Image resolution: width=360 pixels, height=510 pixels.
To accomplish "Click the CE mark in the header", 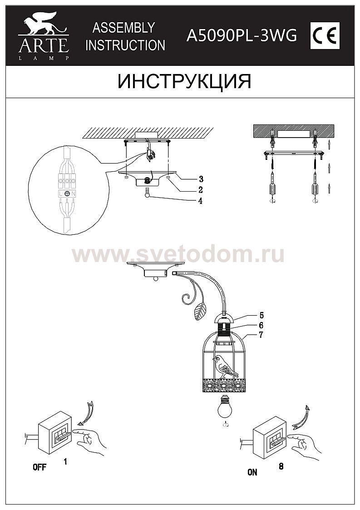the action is tap(325, 36).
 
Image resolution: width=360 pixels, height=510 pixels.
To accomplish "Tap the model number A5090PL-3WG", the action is tap(242, 35).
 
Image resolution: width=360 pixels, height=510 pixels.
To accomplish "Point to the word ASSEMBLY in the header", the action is tap(123, 28).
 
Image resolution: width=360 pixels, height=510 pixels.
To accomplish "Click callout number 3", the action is tap(201, 179).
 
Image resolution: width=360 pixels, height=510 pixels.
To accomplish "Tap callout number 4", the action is tap(200, 201).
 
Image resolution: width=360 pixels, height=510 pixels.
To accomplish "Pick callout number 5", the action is tap(261, 315).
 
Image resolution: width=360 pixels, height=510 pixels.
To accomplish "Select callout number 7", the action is tap(261, 335).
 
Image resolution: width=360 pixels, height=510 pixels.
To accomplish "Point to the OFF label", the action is tap(39, 467).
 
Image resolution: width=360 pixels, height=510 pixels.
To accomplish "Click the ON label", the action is tap(252, 472).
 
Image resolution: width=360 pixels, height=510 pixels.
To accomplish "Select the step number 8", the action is tap(281, 466).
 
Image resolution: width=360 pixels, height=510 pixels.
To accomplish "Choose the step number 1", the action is tap(65, 461).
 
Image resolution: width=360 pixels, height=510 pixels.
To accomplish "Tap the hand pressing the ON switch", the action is tap(304, 445).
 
